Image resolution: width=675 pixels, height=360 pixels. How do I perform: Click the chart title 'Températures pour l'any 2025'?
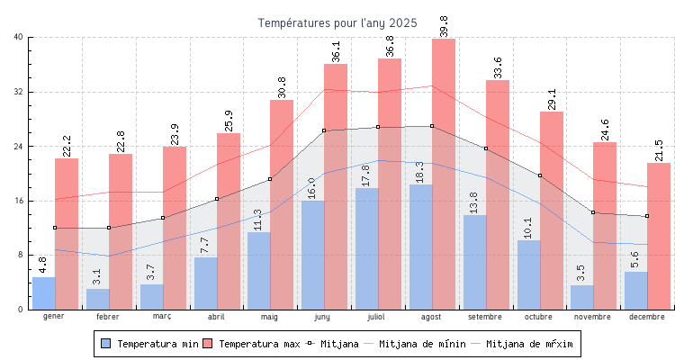tap(337, 22)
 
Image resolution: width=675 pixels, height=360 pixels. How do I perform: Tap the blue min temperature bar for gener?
tap(43, 293)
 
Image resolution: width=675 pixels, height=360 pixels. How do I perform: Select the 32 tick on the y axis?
tap(18, 92)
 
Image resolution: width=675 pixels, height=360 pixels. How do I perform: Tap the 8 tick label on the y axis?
tap(21, 256)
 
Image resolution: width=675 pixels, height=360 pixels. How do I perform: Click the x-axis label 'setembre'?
tap(485, 317)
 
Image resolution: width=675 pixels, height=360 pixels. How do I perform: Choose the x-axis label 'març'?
tap(162, 317)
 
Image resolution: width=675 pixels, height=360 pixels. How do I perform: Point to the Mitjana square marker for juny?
tap(324, 130)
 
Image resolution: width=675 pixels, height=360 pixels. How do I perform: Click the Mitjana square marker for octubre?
tap(540, 175)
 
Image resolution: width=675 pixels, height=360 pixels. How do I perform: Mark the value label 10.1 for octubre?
tap(528, 228)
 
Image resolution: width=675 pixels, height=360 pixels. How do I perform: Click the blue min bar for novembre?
tap(581, 298)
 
